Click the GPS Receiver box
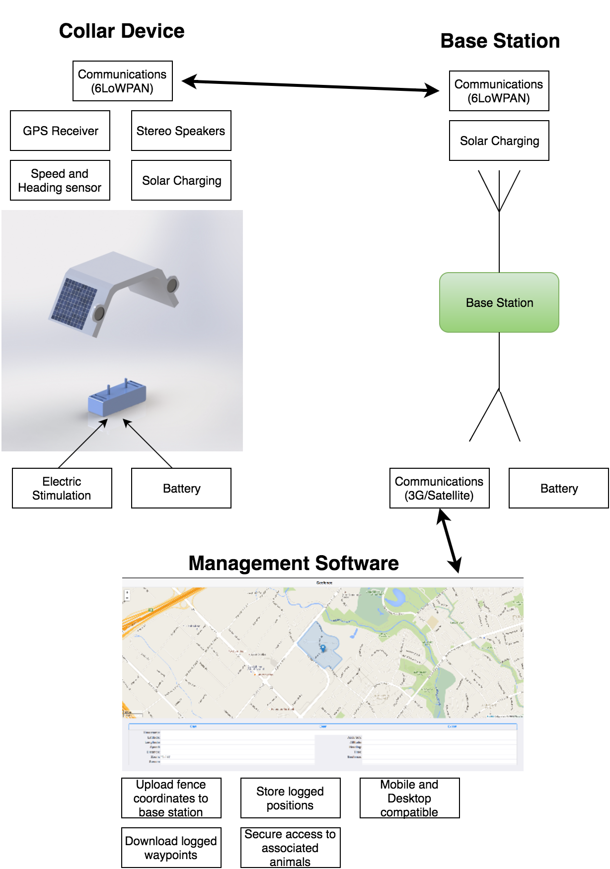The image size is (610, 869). [x=60, y=131]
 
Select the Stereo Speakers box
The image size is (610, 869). [x=181, y=131]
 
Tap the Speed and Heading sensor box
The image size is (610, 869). [x=60, y=180]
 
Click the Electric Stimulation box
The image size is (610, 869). [x=62, y=488]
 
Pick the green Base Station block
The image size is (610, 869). [x=499, y=302]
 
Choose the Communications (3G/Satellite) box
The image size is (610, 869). [x=440, y=488]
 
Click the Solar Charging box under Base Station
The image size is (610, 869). [x=499, y=141]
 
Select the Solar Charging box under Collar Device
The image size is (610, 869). [x=181, y=180]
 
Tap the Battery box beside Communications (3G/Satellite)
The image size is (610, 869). [x=559, y=488]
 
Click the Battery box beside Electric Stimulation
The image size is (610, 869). [x=181, y=488]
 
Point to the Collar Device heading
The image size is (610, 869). [x=122, y=31]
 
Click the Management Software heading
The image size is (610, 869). [x=294, y=563]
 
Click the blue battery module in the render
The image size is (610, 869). [x=117, y=397]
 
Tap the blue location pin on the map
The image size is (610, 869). [x=323, y=648]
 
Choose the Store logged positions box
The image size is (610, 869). [x=291, y=798]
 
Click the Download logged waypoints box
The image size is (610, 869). [x=171, y=848]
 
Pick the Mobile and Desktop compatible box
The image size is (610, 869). [x=410, y=798]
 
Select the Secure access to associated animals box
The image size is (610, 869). [x=291, y=848]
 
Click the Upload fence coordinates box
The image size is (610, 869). [x=171, y=798]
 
